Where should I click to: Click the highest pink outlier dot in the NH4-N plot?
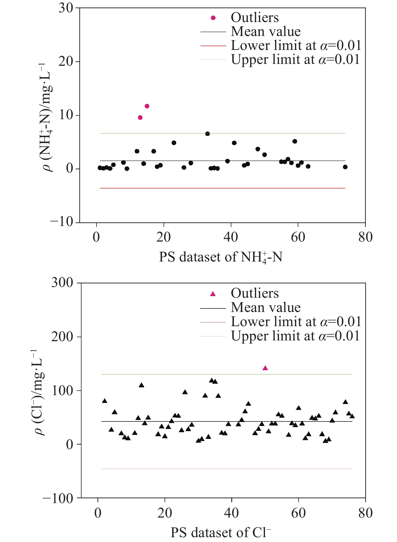(x=147, y=106)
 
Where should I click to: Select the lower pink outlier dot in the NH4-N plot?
(x=140, y=118)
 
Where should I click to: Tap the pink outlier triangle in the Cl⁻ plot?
(x=265, y=368)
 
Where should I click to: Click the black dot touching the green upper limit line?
(x=207, y=134)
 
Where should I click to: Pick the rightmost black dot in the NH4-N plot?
(x=345, y=167)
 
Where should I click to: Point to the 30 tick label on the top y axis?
(x=66, y=8)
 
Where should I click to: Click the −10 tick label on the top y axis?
(x=62, y=222)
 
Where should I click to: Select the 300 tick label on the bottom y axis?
(x=62, y=283)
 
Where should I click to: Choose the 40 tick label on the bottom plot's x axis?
(x=231, y=513)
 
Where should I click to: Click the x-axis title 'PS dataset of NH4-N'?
(x=221, y=257)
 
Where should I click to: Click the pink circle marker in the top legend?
(x=213, y=18)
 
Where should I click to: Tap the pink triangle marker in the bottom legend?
(x=213, y=294)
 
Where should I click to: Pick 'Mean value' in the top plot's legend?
(x=265, y=32)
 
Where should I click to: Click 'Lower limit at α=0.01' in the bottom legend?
(x=296, y=322)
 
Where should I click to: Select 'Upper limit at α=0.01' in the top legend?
(x=295, y=59)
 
